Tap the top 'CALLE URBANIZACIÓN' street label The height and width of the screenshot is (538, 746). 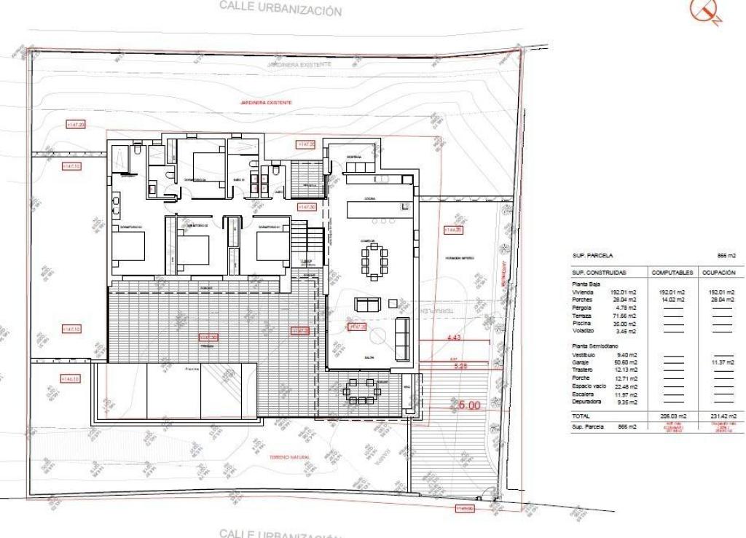tap(280, 9)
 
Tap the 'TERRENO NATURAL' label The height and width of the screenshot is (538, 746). tap(289, 457)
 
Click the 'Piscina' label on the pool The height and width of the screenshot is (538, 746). tap(192, 370)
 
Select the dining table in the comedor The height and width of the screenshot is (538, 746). tap(374, 261)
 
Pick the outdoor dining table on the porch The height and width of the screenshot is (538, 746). tap(361, 389)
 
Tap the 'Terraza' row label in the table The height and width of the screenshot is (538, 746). tap(583, 316)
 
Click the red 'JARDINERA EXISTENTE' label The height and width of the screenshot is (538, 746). tap(266, 104)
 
